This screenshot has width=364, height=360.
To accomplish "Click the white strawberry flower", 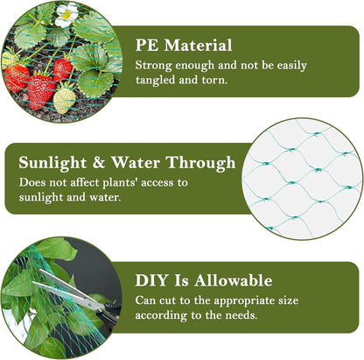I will (x=66, y=13).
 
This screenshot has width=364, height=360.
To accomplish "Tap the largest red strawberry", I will (x=40, y=90).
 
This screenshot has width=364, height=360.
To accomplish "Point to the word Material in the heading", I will (x=199, y=45).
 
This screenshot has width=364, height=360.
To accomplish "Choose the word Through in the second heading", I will (x=204, y=163).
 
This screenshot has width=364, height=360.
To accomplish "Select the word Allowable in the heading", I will (x=231, y=281).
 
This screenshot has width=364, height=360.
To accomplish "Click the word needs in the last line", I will (x=239, y=317).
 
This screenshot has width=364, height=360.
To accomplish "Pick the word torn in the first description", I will (x=221, y=81).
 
